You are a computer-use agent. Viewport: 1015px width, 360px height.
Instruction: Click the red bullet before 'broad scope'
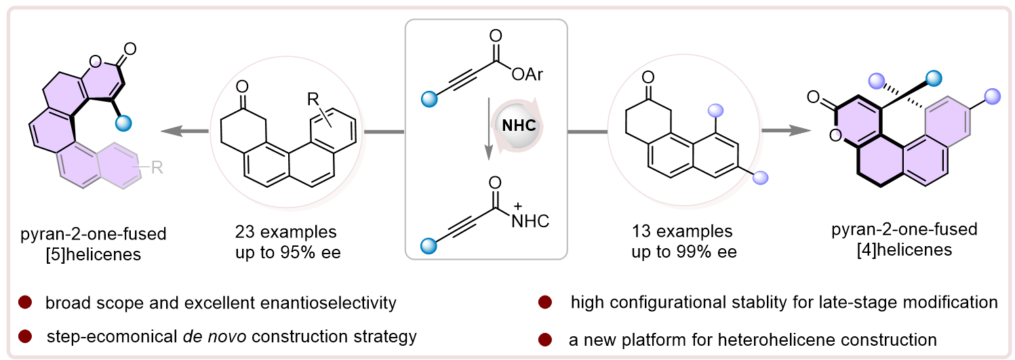tap(25, 302)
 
